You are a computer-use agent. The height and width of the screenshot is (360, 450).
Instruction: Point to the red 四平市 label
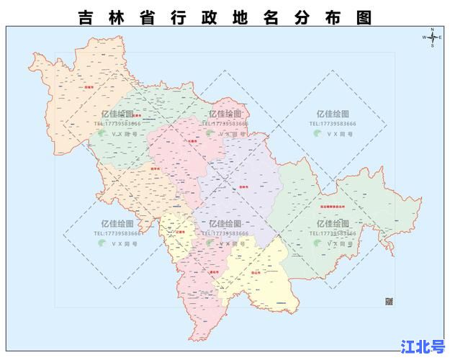(x=154, y=169)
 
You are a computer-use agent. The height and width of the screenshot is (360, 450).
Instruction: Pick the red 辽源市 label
(x=179, y=232)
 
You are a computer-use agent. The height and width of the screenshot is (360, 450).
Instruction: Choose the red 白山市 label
(x=256, y=273)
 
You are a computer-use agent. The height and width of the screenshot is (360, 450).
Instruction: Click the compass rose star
(x=431, y=37)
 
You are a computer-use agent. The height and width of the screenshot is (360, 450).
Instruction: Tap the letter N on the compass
(x=432, y=30)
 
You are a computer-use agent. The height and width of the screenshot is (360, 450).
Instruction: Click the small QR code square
(x=390, y=301)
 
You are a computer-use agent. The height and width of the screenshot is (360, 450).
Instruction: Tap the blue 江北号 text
(x=422, y=346)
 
